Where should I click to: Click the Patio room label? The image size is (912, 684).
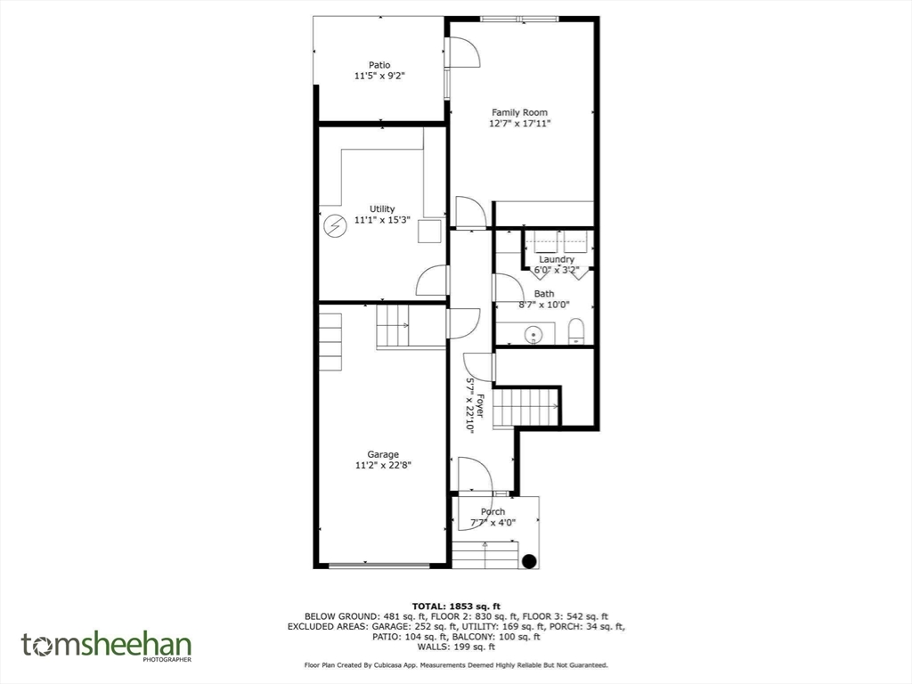(379, 64)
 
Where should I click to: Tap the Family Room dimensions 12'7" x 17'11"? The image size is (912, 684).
(520, 125)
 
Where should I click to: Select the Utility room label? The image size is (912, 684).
(382, 209)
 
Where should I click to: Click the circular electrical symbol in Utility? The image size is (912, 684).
(334, 227)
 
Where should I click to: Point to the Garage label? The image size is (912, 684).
(383, 454)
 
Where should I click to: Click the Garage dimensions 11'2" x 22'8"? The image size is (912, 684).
(383, 465)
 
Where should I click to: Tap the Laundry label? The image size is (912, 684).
(557, 260)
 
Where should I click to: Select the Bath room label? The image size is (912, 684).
(543, 293)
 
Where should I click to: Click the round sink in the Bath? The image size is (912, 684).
(533, 335)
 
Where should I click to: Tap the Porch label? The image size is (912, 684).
(493, 511)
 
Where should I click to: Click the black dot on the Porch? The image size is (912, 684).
(529, 560)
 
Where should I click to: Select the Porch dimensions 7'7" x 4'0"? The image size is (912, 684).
(493, 523)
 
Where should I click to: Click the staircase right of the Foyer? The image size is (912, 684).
(525, 407)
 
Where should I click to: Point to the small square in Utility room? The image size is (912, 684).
(431, 231)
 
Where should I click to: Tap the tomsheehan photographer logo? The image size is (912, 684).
(107, 646)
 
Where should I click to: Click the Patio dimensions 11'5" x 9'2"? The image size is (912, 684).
(379, 76)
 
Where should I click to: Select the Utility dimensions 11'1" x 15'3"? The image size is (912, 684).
(382, 220)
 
